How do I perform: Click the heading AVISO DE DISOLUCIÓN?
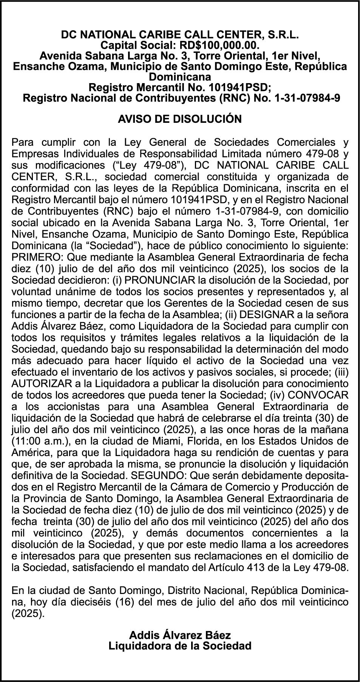click(180, 119)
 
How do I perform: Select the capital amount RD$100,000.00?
click(219, 46)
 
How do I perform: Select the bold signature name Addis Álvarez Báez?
click(180, 635)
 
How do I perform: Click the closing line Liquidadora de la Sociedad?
click(180, 646)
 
